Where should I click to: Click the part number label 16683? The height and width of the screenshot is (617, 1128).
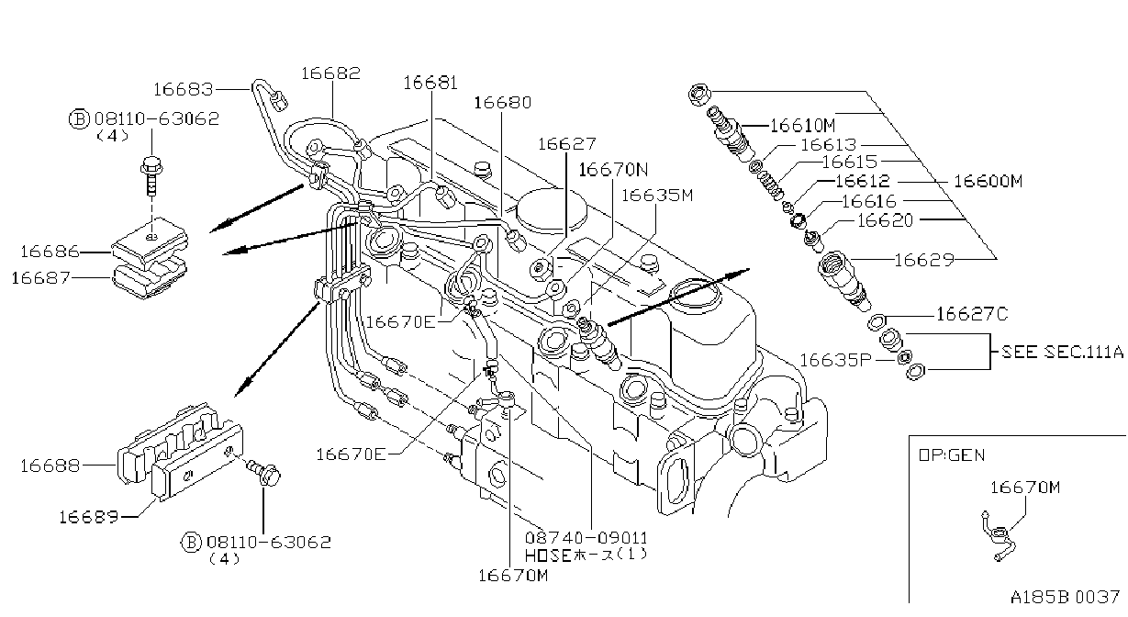coord(184,90)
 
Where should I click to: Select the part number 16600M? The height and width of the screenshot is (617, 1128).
coord(988,181)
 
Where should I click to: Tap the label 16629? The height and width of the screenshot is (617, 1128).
coord(924,260)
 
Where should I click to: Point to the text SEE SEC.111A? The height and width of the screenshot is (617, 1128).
coord(1062,352)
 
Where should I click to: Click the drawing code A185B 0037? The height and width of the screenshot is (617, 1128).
coord(1065,598)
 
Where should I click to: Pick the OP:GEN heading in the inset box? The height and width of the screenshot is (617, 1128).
coord(952,455)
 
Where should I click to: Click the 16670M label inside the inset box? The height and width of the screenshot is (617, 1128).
coord(1025,488)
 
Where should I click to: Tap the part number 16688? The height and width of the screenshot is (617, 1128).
coord(50,466)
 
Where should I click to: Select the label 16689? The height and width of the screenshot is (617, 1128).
coord(89,517)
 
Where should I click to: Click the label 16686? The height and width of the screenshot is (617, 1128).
coord(50,252)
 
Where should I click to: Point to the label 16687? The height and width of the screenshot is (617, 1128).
coord(40,278)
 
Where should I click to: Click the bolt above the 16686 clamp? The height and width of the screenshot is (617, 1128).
coord(151,176)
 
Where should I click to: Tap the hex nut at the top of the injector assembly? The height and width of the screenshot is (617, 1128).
coord(699,94)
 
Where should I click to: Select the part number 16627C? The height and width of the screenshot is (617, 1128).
coord(972,314)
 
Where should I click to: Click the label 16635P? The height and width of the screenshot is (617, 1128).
coord(835,360)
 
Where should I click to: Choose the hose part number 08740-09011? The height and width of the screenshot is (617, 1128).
coord(586,538)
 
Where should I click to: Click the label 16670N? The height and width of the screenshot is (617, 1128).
coord(613,170)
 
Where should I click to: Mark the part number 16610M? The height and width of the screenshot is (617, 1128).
coord(803,126)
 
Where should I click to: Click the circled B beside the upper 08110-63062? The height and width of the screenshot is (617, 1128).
coord(79,119)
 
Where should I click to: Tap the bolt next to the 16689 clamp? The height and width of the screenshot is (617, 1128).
coord(263,470)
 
